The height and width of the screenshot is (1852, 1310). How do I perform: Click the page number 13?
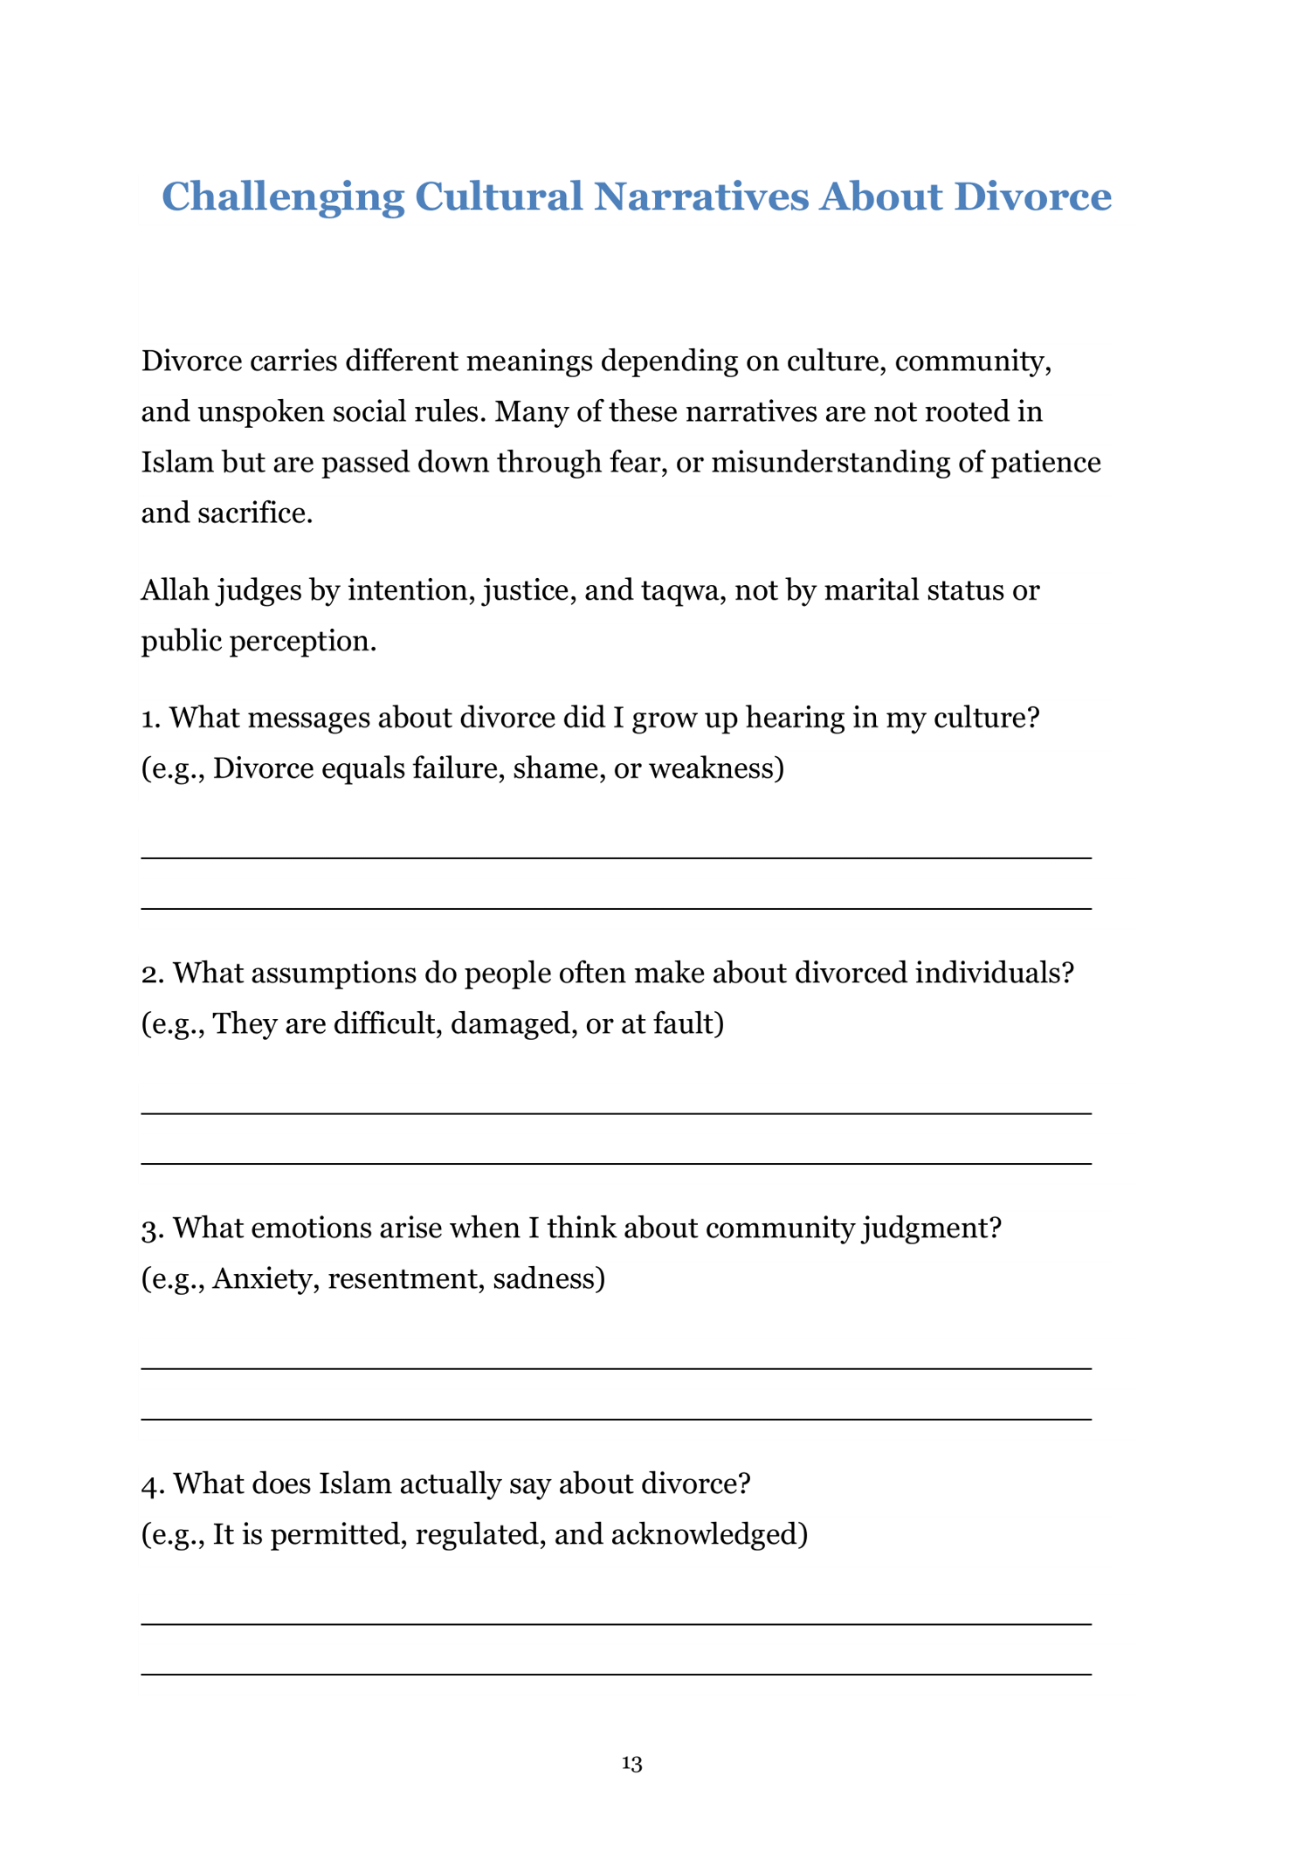click(631, 1763)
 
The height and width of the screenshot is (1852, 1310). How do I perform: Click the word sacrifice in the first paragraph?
click(255, 513)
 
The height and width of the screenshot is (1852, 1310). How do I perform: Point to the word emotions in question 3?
click(300, 1229)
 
